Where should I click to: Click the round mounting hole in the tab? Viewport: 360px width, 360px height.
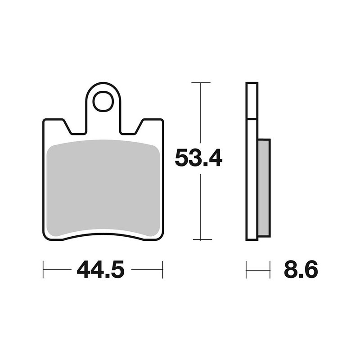point(103,102)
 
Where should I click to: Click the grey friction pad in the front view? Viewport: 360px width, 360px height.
point(103,189)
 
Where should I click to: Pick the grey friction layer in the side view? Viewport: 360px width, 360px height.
point(264,188)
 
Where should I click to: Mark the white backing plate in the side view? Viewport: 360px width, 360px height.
point(252,180)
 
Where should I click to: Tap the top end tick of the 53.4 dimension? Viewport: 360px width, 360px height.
point(201,83)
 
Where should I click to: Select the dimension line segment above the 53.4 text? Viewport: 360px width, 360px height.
point(201,115)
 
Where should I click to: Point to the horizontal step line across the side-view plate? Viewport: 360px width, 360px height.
point(252,119)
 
